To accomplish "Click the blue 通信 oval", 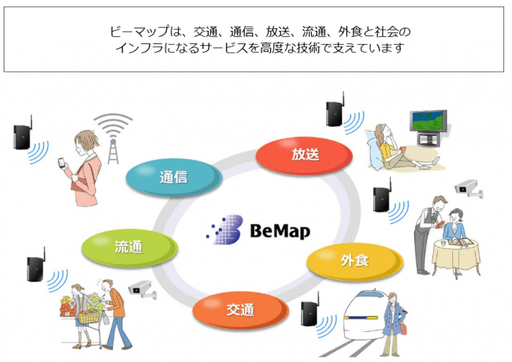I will (x=173, y=177).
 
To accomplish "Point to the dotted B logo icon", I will (x=225, y=230).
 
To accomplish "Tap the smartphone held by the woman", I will (x=59, y=164).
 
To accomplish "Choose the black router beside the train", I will (x=309, y=314).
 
